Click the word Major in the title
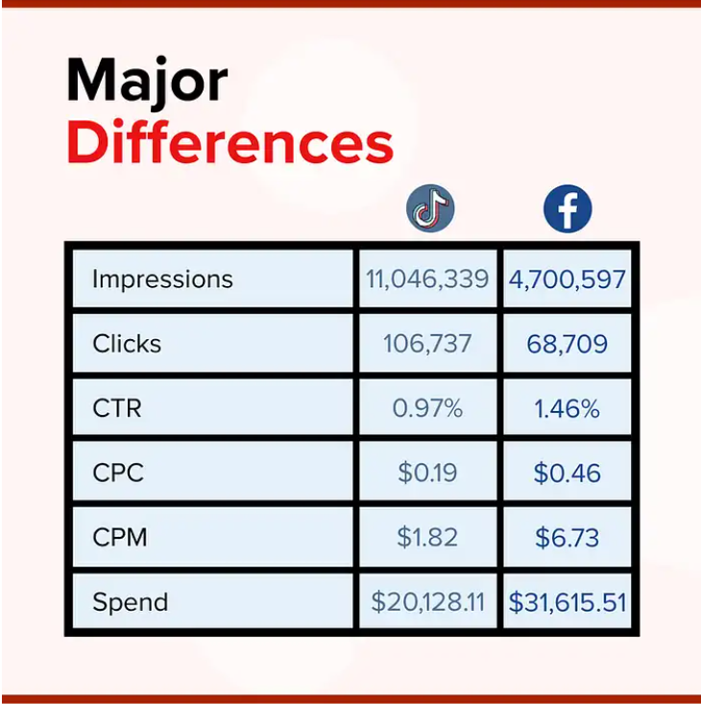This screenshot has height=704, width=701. [147, 83]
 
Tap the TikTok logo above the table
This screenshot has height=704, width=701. [429, 209]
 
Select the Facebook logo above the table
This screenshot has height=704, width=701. [568, 209]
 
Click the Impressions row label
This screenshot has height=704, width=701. [162, 279]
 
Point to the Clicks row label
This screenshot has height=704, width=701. [127, 344]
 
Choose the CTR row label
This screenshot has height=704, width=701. [116, 408]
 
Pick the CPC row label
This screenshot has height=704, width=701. [117, 473]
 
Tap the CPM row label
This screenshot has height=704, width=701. [120, 537]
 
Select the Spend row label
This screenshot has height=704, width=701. [130, 602]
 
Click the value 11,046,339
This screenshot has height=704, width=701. [427, 279]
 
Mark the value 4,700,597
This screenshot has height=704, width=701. [568, 279]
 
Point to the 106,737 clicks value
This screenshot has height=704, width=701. [427, 344]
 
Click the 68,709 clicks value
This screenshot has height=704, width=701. [568, 344]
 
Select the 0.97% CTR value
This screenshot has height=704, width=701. [427, 408]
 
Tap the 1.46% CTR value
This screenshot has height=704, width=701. [568, 408]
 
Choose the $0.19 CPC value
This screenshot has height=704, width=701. [427, 473]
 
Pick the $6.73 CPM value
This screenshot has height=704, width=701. [568, 537]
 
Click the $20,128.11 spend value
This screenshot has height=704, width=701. [427, 602]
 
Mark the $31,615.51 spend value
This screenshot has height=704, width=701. [568, 602]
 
